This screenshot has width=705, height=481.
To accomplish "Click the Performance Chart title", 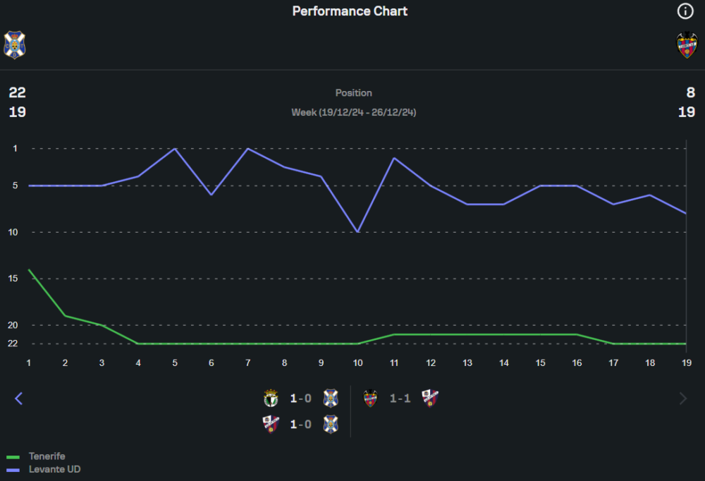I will point(350,11).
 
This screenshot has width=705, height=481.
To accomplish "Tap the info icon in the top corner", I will point(685,11).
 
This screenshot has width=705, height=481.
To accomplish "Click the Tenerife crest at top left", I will point(13,44).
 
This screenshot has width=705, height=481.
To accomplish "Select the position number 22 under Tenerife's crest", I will point(17,92).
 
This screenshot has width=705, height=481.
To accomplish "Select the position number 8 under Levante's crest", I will point(690,92).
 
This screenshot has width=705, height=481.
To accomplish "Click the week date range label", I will point(353,112).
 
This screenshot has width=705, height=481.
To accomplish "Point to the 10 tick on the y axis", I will point(17,232).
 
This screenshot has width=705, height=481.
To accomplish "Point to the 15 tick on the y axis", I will point(17,279).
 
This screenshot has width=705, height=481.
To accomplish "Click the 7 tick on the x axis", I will point(247,363).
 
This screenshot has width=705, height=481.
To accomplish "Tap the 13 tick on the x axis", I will point(467,363).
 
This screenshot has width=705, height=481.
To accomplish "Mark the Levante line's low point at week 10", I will point(358,231).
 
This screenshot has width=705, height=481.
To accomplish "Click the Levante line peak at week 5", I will point(175,149).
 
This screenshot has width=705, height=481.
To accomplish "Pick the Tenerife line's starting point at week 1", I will point(29,269).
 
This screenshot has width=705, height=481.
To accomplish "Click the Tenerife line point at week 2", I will point(66,315).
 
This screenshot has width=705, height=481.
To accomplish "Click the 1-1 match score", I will point(400,398).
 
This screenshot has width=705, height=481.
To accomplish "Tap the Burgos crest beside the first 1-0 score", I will point(271,398).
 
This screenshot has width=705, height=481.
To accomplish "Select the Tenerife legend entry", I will point(47,456).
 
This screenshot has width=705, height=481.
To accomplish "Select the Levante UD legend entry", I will point(54,469).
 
